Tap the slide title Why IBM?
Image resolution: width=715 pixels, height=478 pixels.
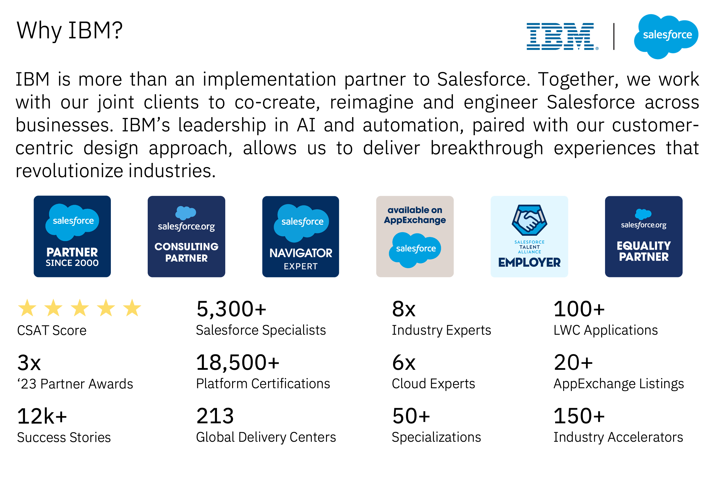pos(70,31)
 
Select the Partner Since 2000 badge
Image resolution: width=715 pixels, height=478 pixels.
pos(72,236)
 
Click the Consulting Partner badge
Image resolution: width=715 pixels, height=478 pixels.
pos(186,236)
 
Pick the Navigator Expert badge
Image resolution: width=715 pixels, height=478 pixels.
pos(300,236)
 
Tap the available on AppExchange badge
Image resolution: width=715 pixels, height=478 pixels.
pos(415,236)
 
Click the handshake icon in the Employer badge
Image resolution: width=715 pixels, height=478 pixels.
pos(529,220)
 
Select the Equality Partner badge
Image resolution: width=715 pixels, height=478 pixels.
pos(643,236)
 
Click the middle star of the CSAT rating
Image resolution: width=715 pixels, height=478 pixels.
pos(80,308)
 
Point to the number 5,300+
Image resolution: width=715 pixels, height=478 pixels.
pos(231,309)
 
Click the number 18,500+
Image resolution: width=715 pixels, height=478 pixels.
pos(237,362)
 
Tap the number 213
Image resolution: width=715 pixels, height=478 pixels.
pos(215,416)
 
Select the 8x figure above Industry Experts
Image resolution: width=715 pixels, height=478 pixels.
pos(404,309)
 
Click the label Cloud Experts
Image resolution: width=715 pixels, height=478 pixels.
pos(433,383)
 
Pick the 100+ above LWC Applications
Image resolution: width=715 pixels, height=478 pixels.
pos(579,309)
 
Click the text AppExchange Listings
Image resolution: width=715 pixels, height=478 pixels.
pos(618,383)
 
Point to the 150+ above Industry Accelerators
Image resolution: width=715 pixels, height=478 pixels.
pos(579,416)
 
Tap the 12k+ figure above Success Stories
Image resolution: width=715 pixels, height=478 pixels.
pos(42,416)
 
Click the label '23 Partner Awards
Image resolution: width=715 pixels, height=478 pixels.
pos(75,384)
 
